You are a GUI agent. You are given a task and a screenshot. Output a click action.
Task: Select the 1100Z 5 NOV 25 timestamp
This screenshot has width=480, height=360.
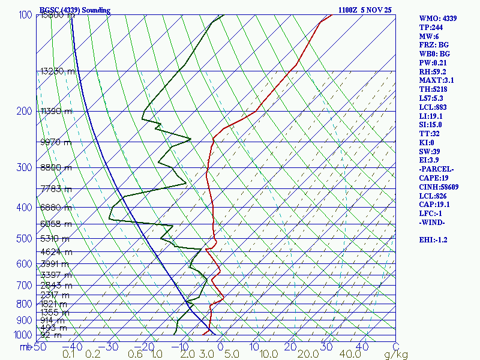[366, 10]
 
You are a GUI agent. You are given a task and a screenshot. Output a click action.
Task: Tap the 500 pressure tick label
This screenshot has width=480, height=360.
[24, 239]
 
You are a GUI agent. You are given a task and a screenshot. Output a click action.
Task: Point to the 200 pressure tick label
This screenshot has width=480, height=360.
[24, 112]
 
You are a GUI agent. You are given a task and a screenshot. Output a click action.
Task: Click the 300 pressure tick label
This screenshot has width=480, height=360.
[24, 167]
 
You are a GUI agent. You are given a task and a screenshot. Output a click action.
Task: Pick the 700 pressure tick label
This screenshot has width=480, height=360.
[24, 286]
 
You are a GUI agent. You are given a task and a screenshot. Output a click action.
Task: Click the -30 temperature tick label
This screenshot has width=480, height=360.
[110, 347]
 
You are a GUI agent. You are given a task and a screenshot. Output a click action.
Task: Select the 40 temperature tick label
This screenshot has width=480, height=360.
[362, 347]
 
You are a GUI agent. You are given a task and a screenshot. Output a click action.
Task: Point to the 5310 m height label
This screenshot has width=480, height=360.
[55, 239]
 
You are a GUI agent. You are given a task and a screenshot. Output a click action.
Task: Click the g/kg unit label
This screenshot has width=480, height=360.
[396, 355]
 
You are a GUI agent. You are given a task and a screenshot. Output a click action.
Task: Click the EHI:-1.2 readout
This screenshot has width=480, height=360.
[433, 240]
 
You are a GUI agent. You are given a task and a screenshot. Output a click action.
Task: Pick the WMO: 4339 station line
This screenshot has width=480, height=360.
[438, 19]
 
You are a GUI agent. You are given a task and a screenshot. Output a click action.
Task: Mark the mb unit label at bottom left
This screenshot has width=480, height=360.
[25, 347]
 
